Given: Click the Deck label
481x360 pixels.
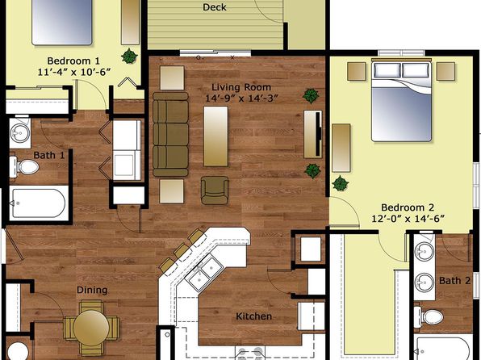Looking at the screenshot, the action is pyautogui.click(x=215, y=7).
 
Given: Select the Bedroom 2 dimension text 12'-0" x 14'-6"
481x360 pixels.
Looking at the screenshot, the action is pyautogui.click(x=408, y=219).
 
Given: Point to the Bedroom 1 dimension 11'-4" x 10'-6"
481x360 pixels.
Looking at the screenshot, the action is pyautogui.click(x=74, y=72).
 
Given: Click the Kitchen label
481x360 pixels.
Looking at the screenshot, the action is pyautogui.click(x=253, y=316).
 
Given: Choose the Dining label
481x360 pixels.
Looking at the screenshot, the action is pyautogui.click(x=92, y=290).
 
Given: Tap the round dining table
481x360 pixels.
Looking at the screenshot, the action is pyautogui.click(x=91, y=328).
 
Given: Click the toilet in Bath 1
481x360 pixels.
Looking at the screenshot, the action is pyautogui.click(x=24, y=167).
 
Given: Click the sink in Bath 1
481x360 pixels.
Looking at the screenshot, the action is pyautogui.click(x=20, y=133).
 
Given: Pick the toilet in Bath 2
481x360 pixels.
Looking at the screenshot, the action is pyautogui.click(x=429, y=316).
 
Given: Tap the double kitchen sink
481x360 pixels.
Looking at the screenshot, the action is pyautogui.click(x=206, y=273).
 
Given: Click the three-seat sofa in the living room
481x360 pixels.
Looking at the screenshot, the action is pyautogui.click(x=170, y=135).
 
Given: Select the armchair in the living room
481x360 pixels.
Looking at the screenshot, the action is pyautogui.click(x=215, y=190).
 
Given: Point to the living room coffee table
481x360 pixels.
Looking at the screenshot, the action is pyautogui.click(x=215, y=136).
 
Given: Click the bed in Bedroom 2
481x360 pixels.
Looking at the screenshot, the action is pyautogui.click(x=401, y=102).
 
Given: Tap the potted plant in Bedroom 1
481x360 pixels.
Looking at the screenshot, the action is pyautogui.click(x=129, y=57).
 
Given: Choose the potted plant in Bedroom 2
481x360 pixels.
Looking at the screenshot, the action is pyautogui.click(x=341, y=183).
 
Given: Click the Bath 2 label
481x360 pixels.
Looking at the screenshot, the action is pyautogui.click(x=454, y=281).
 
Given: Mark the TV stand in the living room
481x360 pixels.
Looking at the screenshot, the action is pyautogui.click(x=313, y=135).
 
